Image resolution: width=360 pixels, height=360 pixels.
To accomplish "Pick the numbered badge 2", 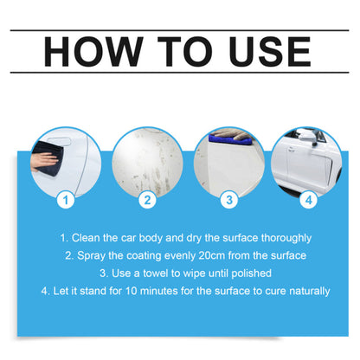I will [x=147, y=200].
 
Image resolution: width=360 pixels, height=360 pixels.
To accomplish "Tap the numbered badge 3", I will [x=228, y=200].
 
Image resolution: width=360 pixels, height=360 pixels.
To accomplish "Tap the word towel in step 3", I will [x=153, y=273].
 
